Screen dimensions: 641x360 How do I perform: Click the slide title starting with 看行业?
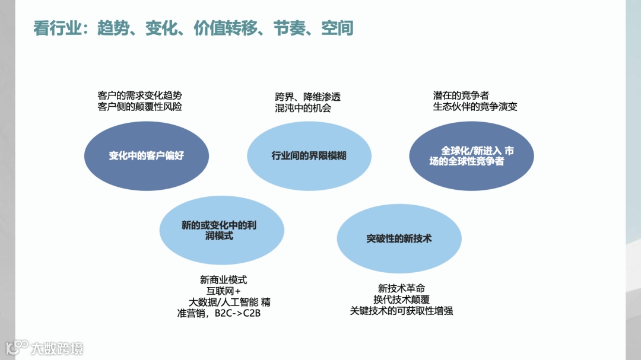click(x=193, y=28)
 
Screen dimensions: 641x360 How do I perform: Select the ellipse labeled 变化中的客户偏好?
click(x=146, y=156)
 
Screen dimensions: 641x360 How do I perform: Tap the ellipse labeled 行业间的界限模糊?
click(x=309, y=156)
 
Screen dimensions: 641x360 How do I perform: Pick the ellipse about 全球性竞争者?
click(x=471, y=156)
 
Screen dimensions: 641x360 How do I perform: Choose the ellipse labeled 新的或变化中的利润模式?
click(x=221, y=230)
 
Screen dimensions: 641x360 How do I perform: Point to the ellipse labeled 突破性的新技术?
click(x=399, y=238)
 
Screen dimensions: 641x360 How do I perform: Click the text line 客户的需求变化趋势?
click(x=139, y=95)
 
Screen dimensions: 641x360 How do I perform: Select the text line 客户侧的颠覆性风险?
click(x=139, y=107)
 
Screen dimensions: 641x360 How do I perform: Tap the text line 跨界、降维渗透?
click(x=307, y=97)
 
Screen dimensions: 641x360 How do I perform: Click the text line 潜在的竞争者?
click(x=461, y=95)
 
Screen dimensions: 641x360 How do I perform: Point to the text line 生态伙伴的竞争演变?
click(x=475, y=107)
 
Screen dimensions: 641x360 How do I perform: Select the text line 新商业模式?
click(x=223, y=280)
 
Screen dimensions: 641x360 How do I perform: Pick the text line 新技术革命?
click(x=401, y=288)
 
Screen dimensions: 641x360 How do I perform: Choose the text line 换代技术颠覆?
click(x=401, y=299)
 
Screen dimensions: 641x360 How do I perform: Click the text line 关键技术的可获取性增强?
click(x=401, y=310)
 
